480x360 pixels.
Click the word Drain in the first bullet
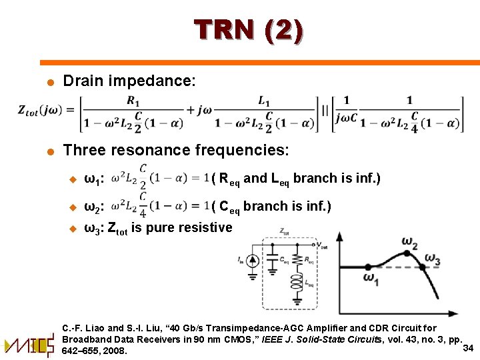point(82,81)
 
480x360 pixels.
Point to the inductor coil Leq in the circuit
point(295,284)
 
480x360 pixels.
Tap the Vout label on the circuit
point(321,245)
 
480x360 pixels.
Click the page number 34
point(467,348)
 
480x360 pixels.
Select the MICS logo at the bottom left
point(29,345)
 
